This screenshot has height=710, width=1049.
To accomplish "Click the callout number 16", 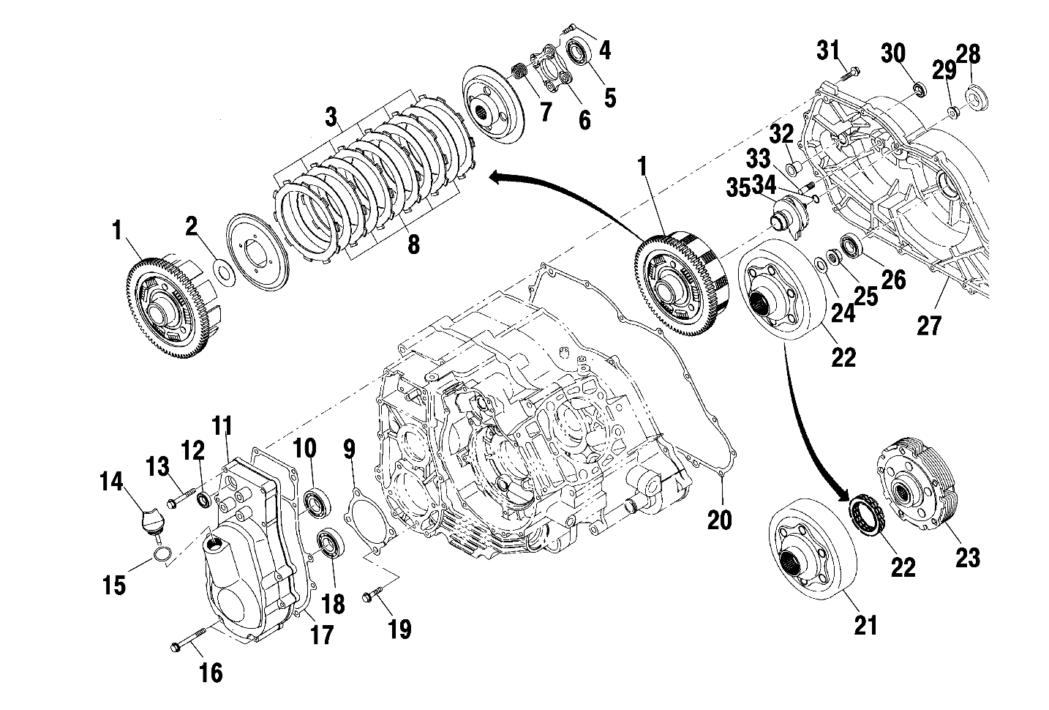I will [x=211, y=673].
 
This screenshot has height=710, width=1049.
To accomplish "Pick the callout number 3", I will [x=331, y=116].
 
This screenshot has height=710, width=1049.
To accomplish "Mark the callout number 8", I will [x=413, y=244].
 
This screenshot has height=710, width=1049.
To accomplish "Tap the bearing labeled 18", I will [x=331, y=544].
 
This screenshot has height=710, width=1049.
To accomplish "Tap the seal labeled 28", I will [x=975, y=95].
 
